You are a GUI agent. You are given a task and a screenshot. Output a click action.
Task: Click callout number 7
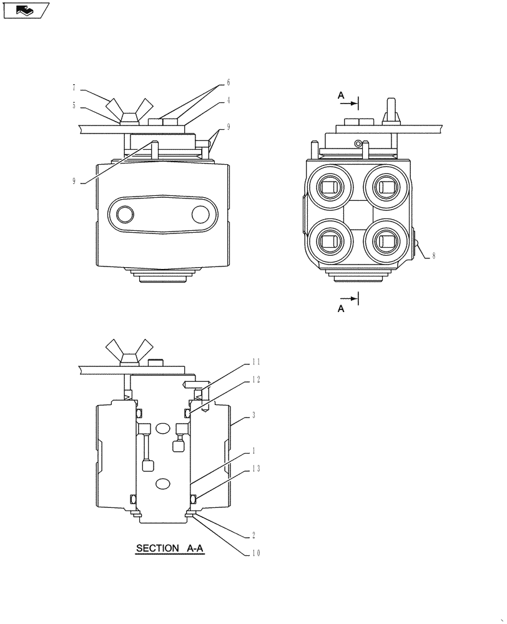tap(74, 88)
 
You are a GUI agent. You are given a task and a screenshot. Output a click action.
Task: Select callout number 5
tap(74, 106)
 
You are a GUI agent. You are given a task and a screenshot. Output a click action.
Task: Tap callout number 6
tap(229, 82)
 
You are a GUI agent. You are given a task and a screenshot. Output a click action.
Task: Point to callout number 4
tap(229, 100)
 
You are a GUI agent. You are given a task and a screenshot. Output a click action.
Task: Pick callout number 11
tap(256, 362)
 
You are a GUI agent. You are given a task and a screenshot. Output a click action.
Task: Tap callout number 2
tap(254, 535)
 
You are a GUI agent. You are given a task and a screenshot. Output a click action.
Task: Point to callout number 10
tap(256, 553)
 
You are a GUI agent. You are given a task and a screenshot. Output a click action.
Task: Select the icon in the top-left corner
tap(26, 10)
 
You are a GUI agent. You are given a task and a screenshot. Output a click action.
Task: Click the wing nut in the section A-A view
tap(130, 351)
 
